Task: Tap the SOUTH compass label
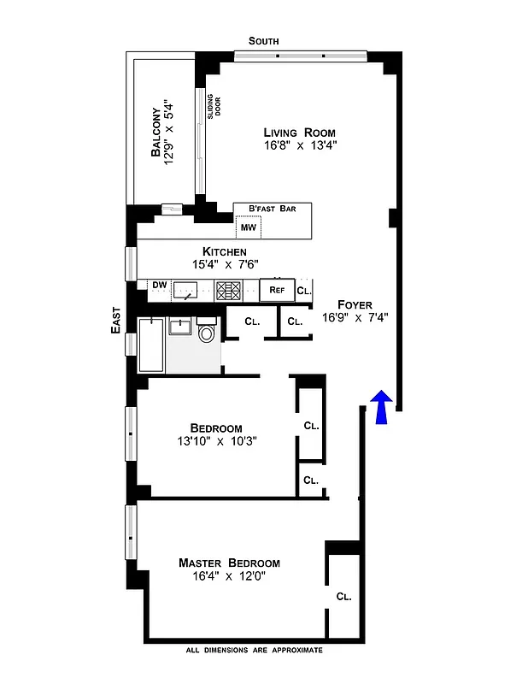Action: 264,41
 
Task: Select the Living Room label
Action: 299,133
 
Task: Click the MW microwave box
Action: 248,227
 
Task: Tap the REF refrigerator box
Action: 277,290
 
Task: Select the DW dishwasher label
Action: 159,285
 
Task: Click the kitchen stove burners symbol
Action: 228,290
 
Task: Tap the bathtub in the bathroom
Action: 151,345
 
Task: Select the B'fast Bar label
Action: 272,209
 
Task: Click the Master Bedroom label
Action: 229,563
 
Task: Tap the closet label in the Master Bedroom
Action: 344,597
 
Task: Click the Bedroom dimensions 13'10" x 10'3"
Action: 217,441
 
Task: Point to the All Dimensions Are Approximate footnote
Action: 254,651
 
